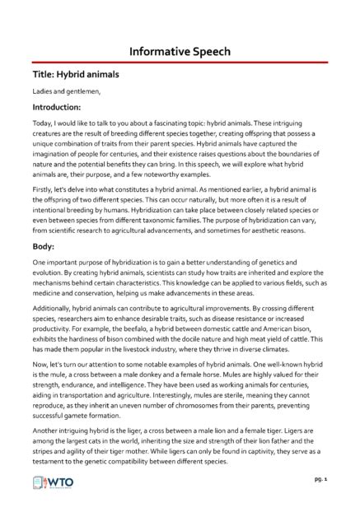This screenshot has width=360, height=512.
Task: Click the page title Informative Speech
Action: point(180,50)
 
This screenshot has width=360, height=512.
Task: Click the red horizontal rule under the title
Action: point(180,62)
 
